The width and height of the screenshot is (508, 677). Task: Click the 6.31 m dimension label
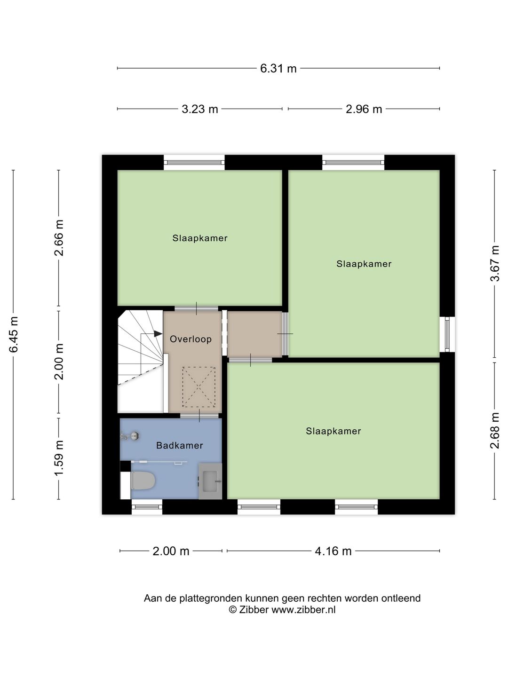point(278,69)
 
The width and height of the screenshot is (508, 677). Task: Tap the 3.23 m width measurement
point(200,109)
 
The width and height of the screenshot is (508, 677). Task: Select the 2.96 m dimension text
point(364,109)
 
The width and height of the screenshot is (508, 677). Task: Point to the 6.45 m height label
point(14,334)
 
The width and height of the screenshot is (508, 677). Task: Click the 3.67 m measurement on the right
point(495,263)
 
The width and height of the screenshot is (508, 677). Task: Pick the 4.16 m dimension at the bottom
point(333,551)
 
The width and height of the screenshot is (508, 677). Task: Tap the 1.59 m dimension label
point(59,458)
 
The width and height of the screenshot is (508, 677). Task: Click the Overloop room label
point(190,339)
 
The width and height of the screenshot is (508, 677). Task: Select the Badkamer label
point(180,445)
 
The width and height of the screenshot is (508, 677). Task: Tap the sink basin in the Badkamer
point(210,481)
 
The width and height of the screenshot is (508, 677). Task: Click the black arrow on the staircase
point(158,334)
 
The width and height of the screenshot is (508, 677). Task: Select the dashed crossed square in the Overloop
point(198,387)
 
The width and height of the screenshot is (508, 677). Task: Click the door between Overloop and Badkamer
point(199,416)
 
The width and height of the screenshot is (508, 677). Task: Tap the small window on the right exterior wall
point(447,334)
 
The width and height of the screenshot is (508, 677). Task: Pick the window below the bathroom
point(147,507)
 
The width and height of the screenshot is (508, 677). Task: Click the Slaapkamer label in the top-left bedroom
point(200,238)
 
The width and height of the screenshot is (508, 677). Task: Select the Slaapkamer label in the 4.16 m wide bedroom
point(333,431)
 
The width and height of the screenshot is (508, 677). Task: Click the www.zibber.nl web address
point(303,610)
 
